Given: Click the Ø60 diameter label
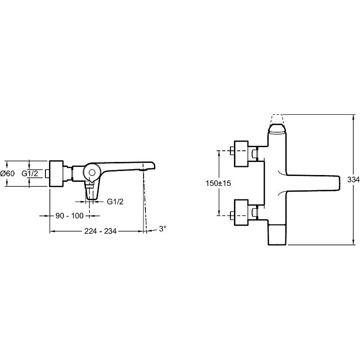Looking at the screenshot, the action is pos(8,173).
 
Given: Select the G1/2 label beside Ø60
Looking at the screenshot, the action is pos(30,173).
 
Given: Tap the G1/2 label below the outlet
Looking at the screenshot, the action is pos(115,202).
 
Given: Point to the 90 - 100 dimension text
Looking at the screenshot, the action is pos(70,216).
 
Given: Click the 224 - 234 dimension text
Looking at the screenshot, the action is pos(100,231).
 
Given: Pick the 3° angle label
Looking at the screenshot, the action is pos(162,229).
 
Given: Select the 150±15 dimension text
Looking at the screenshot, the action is pos(218,183).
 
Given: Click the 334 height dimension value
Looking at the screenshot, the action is pos(354,180).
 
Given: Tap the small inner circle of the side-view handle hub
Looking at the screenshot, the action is pos(92,173).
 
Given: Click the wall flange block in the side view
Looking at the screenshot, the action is pos(56,174).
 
